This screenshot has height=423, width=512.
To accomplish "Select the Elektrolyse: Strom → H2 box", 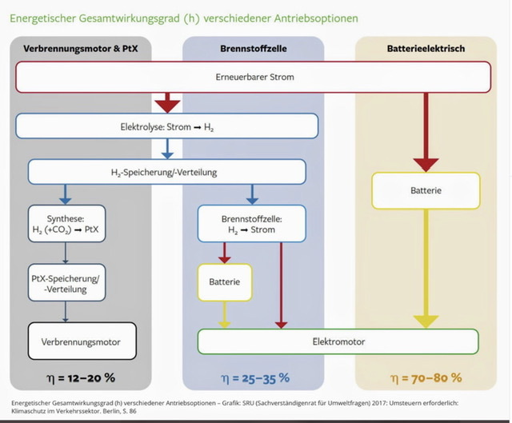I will tap(166, 126).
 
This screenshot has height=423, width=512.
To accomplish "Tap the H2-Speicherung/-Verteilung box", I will tap(166, 172).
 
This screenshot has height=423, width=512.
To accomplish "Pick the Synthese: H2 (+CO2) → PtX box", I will tap(63, 223).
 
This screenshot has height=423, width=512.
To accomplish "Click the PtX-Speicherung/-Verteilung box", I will tap(63, 282).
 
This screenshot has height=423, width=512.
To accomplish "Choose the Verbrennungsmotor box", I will tap(82, 341).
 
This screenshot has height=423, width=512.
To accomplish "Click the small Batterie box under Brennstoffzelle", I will tap(224, 282).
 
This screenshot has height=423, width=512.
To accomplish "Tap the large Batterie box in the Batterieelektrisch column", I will tap(426, 191).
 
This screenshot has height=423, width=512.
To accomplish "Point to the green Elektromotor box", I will tap(338, 341).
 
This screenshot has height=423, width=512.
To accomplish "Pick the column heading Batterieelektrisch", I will tap(425, 49).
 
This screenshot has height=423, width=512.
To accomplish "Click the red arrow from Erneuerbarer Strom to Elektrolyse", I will tap(168, 102).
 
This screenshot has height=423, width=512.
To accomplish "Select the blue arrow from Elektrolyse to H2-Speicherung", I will tap(166, 149).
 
